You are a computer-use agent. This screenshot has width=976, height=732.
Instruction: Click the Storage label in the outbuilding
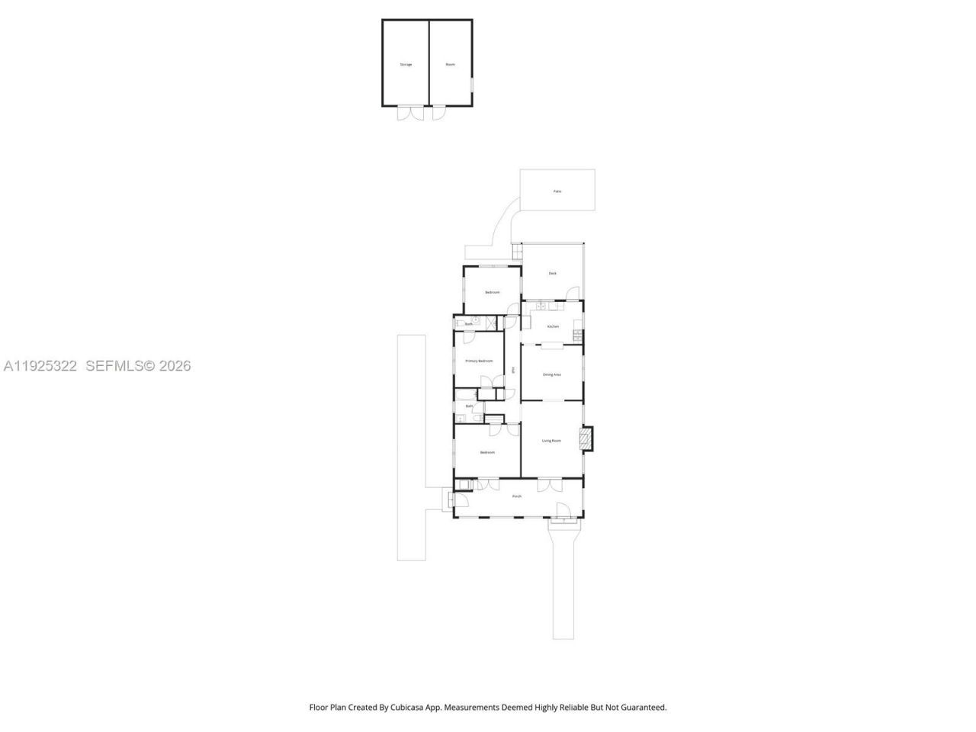coord(406,65)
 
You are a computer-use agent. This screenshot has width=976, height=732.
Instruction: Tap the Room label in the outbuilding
coord(451,65)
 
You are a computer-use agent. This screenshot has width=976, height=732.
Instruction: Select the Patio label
coord(557,191)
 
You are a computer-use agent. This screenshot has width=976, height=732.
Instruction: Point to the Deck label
coord(553,273)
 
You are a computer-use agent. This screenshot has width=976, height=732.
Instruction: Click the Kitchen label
coord(553,326)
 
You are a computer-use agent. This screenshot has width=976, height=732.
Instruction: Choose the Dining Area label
coord(552,374)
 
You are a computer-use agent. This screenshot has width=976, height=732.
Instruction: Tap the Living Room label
coord(551,441)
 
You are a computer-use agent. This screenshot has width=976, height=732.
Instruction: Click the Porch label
coord(517,496)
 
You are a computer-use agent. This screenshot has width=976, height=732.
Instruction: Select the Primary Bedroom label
coord(479,361)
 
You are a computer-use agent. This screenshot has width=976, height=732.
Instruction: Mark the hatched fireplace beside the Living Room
coord(586,438)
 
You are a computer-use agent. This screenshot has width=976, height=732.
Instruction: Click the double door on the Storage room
coord(410,113)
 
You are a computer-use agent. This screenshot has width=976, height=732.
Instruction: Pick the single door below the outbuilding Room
coord(439,113)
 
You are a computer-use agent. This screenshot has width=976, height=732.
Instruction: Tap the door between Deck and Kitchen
coord(573,294)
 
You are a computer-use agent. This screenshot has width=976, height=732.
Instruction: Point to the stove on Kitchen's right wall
coord(578,335)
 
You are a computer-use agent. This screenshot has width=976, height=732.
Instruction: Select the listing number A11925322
coord(40,366)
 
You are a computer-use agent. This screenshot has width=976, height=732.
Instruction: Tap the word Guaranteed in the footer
coord(642,708)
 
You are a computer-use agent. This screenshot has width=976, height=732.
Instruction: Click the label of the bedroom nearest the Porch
coord(487,453)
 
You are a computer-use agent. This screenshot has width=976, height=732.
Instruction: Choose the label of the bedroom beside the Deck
coord(493,292)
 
